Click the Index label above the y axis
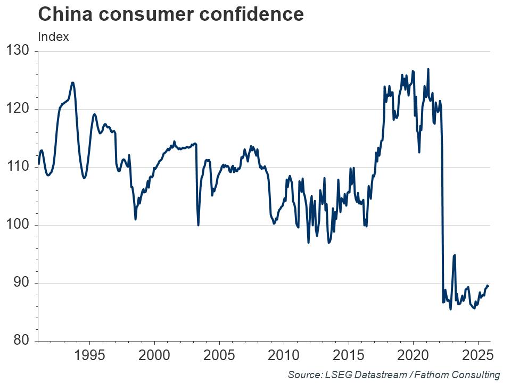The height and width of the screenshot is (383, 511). [x=53, y=37]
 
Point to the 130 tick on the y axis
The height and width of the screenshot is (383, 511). [x=19, y=51]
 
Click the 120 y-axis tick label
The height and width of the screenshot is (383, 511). [x=19, y=109]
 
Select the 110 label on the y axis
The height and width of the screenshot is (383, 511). [x=19, y=167]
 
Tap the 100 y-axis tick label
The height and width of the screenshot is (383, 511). [x=19, y=225]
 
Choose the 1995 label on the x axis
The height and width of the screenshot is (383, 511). [x=89, y=355]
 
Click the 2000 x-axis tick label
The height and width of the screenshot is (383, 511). [x=154, y=355]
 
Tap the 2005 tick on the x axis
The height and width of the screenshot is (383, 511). [x=219, y=355]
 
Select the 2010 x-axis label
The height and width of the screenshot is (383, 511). [x=284, y=355]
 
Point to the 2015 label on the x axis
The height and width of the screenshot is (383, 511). [x=348, y=355]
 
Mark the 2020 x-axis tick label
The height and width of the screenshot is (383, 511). [x=413, y=355]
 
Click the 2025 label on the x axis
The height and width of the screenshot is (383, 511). [x=477, y=355]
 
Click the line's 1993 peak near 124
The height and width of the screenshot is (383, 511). [x=72, y=83]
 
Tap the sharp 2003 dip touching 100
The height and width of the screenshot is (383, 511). [x=198, y=224]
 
